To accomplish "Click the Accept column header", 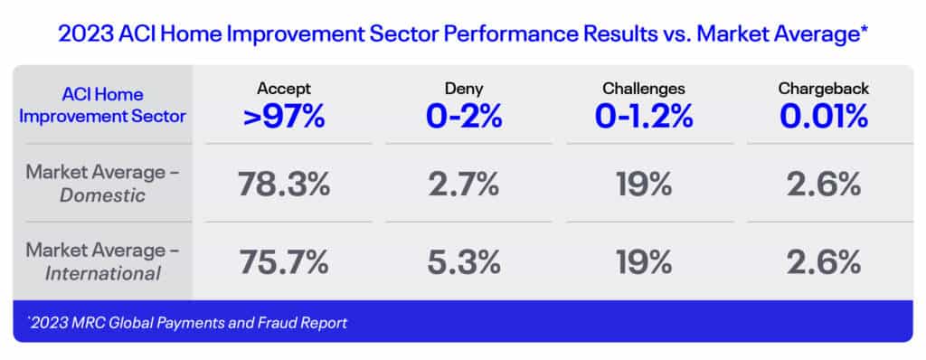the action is tap(283, 89).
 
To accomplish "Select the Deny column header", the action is tap(464, 89).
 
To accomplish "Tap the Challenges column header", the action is tap(644, 89).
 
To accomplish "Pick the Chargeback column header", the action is tap(824, 89).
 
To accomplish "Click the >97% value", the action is tap(284, 117).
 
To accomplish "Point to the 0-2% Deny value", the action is tap(464, 117).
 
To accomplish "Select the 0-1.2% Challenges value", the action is tap(644, 117).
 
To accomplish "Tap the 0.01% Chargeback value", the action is tap(824, 117).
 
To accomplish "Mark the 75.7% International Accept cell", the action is tap(283, 262).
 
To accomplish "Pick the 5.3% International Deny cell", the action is tap(464, 262).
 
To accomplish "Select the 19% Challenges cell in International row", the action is tap(644, 262).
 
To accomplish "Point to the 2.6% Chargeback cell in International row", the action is tap(824, 262).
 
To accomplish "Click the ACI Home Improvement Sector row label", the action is tap(103, 105).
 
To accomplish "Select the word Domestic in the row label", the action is tap(103, 195).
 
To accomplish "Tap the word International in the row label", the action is tap(103, 273).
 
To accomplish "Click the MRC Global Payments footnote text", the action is tap(187, 323).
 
